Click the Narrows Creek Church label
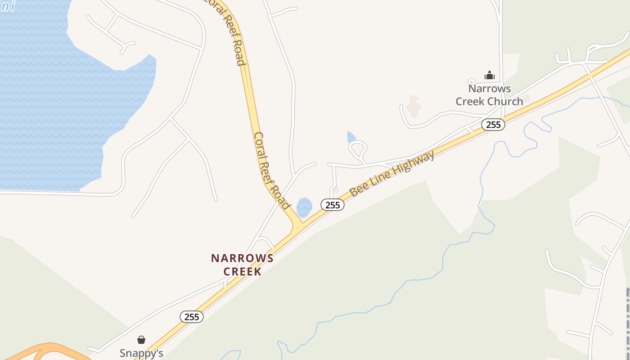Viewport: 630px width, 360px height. point(489,95)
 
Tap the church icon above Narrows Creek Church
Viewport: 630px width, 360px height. point(490,75)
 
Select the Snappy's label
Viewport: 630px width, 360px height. point(141,353)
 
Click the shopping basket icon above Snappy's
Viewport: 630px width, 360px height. point(141,340)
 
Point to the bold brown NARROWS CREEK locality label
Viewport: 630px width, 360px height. point(242,265)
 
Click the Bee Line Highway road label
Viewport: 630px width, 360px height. point(392,173)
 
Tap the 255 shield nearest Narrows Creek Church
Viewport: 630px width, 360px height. point(493,125)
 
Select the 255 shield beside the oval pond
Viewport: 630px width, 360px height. point(333,205)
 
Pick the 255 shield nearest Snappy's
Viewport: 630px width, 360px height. point(192,317)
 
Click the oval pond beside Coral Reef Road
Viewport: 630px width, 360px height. point(305,207)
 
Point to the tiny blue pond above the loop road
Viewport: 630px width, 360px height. point(351,137)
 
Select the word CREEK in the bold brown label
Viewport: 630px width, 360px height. point(242,272)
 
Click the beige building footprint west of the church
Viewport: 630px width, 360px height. point(413,107)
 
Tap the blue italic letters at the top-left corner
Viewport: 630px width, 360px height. point(8,6)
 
